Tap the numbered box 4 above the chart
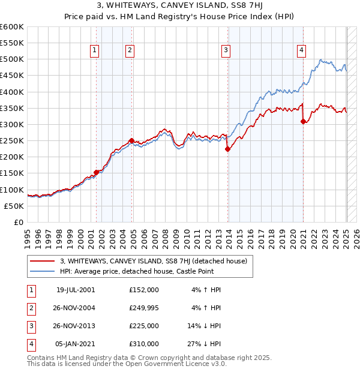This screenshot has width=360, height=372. [301, 51]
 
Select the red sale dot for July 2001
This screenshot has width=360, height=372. [96, 172]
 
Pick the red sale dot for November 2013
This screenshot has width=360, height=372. [227, 149]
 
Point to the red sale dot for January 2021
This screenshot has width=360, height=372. [303, 122]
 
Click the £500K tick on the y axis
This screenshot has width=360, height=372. [13, 59]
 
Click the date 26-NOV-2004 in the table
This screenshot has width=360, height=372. [76, 308]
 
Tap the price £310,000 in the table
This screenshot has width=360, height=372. [144, 344]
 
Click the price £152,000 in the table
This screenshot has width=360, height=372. [144, 290]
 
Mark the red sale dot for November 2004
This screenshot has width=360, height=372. [131, 140]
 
